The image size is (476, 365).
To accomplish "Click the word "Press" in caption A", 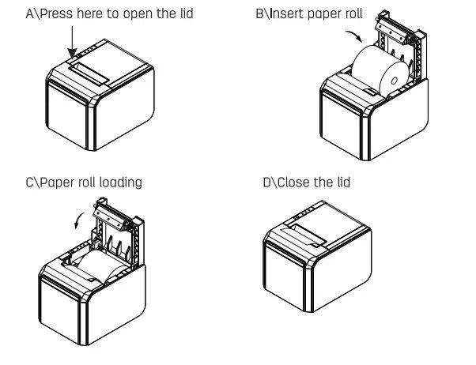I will [57, 13].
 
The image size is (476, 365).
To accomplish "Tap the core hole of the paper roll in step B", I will [395, 81].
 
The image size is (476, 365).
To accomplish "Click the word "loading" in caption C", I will [120, 182].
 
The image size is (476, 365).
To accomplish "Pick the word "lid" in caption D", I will [342, 182].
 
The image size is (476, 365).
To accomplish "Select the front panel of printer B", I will [340, 126].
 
